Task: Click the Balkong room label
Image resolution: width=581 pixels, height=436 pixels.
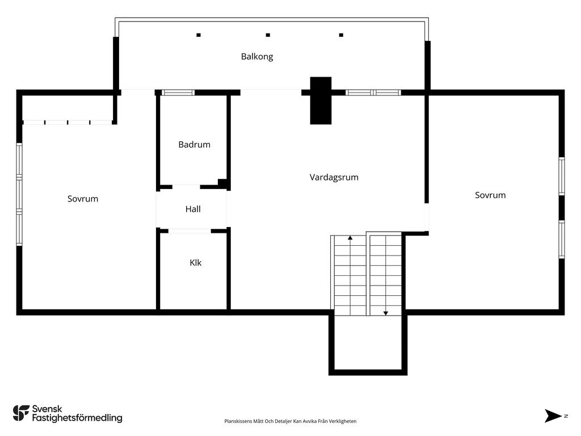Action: (x=257, y=56)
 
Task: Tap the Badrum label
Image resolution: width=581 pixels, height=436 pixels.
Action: (x=194, y=145)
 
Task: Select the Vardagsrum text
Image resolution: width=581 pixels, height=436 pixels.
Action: (x=334, y=177)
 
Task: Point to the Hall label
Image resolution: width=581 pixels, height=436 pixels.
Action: (x=193, y=209)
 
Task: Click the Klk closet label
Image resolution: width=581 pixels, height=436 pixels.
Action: (x=195, y=262)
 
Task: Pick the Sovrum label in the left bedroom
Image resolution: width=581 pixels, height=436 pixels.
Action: (x=83, y=199)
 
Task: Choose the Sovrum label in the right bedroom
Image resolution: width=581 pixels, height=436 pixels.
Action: (x=490, y=195)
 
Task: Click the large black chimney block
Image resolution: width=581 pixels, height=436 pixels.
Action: (x=321, y=100)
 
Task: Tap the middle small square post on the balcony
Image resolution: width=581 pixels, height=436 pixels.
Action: (x=268, y=35)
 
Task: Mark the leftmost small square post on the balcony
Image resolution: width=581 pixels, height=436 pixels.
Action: (x=199, y=35)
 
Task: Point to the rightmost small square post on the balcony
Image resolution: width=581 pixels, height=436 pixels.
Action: (x=341, y=35)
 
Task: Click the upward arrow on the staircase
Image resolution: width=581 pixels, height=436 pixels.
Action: (x=350, y=238)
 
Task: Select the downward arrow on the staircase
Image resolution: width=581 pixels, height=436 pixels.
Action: (x=385, y=313)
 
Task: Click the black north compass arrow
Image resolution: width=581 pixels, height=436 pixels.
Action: (x=553, y=416)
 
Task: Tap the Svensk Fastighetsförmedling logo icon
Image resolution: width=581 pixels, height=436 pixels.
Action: (x=21, y=413)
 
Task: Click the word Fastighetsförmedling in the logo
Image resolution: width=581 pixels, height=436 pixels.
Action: (x=77, y=418)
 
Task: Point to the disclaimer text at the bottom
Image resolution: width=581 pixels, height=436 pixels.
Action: (x=290, y=421)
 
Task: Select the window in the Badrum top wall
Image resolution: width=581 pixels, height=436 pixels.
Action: (x=178, y=93)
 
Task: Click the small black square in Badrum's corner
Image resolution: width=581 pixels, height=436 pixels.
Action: (x=222, y=182)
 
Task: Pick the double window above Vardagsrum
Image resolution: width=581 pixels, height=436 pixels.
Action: (x=373, y=93)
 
